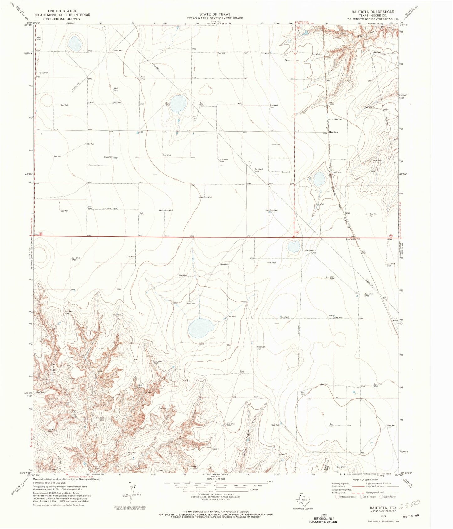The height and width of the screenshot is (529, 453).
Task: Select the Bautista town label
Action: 333,132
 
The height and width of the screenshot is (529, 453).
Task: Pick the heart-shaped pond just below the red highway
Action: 293,246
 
